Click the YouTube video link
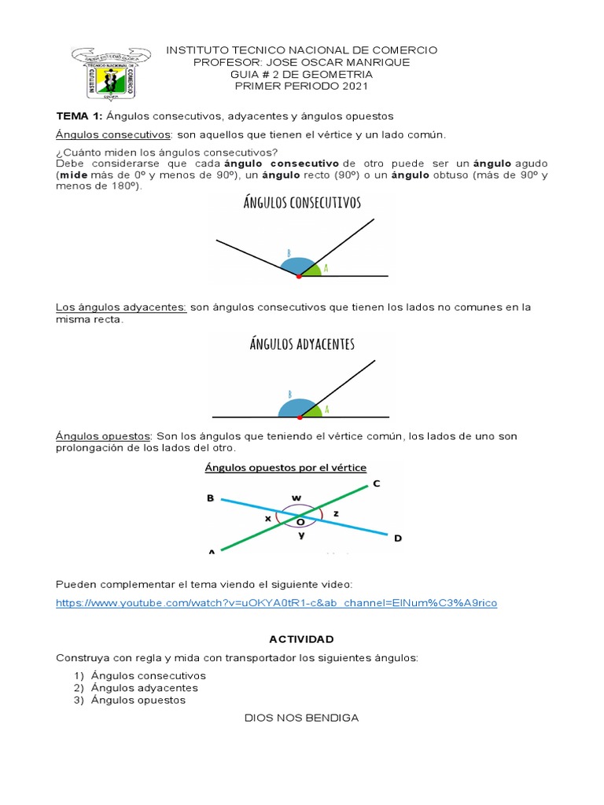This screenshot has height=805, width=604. (276, 603)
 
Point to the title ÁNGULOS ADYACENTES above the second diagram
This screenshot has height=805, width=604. (302, 344)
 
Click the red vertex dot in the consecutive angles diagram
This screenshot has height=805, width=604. (298, 276)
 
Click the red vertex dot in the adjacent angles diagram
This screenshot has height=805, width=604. (300, 416)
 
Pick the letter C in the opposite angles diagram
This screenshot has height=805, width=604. (376, 484)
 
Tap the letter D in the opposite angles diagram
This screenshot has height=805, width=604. (397, 539)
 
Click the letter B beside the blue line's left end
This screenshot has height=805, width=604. (210, 498)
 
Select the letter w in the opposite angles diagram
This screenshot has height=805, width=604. (296, 497)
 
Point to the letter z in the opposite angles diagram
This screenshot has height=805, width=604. (337, 513)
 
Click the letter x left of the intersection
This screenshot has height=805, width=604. (267, 519)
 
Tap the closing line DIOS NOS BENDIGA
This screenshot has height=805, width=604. (301, 717)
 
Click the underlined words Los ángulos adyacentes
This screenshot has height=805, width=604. (121, 307)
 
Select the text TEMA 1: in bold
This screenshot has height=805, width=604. (79, 116)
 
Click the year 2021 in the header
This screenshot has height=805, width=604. (352, 86)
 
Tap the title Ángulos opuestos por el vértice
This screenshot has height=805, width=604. (285, 468)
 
